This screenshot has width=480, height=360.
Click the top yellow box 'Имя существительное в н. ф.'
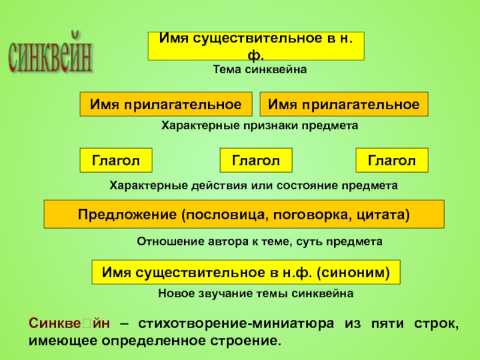pyautogui.click(x=256, y=46)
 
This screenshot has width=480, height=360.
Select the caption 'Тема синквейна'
pyautogui.click(x=260, y=70)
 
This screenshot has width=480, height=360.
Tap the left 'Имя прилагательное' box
pyautogui.click(x=166, y=104)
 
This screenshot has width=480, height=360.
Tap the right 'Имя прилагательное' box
pyautogui.click(x=343, y=104)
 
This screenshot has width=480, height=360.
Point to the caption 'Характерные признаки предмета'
pyautogui.click(x=260, y=126)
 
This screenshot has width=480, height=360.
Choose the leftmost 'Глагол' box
pyautogui.click(x=116, y=160)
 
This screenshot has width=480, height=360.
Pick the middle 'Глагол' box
pyautogui.click(x=256, y=160)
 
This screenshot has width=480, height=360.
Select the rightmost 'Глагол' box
pyautogui.click(x=392, y=160)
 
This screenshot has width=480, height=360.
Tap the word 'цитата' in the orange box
pyautogui.click(x=385, y=214)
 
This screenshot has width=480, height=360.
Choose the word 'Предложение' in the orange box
pyautogui.click(x=126, y=214)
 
